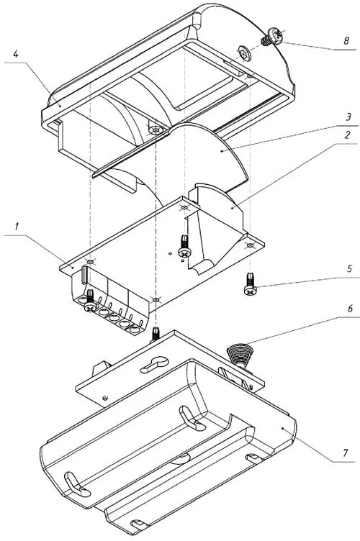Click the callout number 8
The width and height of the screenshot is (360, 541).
[346, 41]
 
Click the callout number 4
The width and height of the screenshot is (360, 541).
[16, 54]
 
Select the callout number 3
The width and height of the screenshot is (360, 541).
[348, 117]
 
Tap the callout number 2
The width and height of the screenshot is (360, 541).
[347, 135]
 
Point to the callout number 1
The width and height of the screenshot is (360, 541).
[17, 227]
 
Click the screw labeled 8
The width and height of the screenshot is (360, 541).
[272, 37]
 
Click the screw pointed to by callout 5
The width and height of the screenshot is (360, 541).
[250, 283]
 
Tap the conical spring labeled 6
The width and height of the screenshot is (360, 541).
[239, 355]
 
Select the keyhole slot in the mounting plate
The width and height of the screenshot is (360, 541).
[154, 364]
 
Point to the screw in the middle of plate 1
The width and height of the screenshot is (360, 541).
[184, 245]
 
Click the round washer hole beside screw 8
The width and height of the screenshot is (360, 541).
[246, 54]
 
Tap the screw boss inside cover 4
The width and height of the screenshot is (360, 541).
[156, 130]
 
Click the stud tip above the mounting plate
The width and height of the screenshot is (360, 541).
[156, 333]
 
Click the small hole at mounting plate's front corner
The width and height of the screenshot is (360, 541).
[105, 398]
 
